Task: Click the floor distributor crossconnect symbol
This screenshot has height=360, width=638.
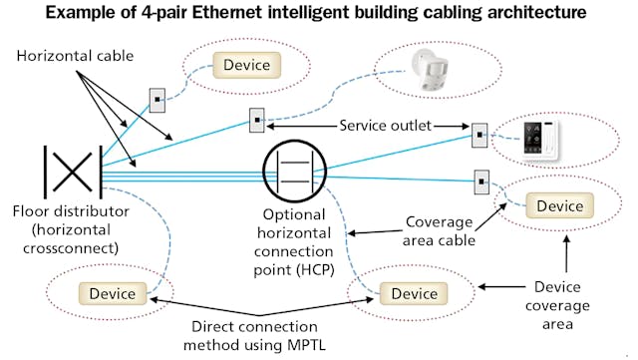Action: pyautogui.click(x=71, y=172)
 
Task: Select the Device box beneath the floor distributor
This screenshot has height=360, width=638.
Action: pyautogui.click(x=114, y=294)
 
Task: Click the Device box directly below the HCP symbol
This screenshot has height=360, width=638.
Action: pyautogui.click(x=414, y=294)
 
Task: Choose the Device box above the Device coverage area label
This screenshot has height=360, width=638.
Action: pyautogui.click(x=560, y=205)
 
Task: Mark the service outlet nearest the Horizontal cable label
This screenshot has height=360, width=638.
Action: pyautogui.click(x=158, y=100)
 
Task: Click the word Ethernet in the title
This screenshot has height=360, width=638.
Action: pyautogui.click(x=254, y=14)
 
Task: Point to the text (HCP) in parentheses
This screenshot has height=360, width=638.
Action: pyautogui.click(x=296, y=267)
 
